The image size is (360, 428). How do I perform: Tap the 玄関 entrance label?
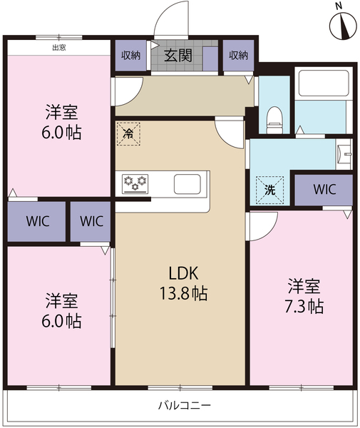[178, 56]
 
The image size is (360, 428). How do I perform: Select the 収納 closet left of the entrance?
[130, 56]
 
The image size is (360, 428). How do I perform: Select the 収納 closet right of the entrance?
[238, 56]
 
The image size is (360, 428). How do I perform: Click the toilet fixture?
[273, 118]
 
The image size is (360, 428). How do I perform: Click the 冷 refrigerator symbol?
[129, 133]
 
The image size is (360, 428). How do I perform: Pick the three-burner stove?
[134, 183]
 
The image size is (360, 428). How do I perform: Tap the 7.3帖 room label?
[304, 296]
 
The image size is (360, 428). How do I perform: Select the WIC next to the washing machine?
[324, 190]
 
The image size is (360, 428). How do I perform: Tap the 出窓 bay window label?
[60, 48]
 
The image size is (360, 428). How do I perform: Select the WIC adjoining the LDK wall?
[91, 221]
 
